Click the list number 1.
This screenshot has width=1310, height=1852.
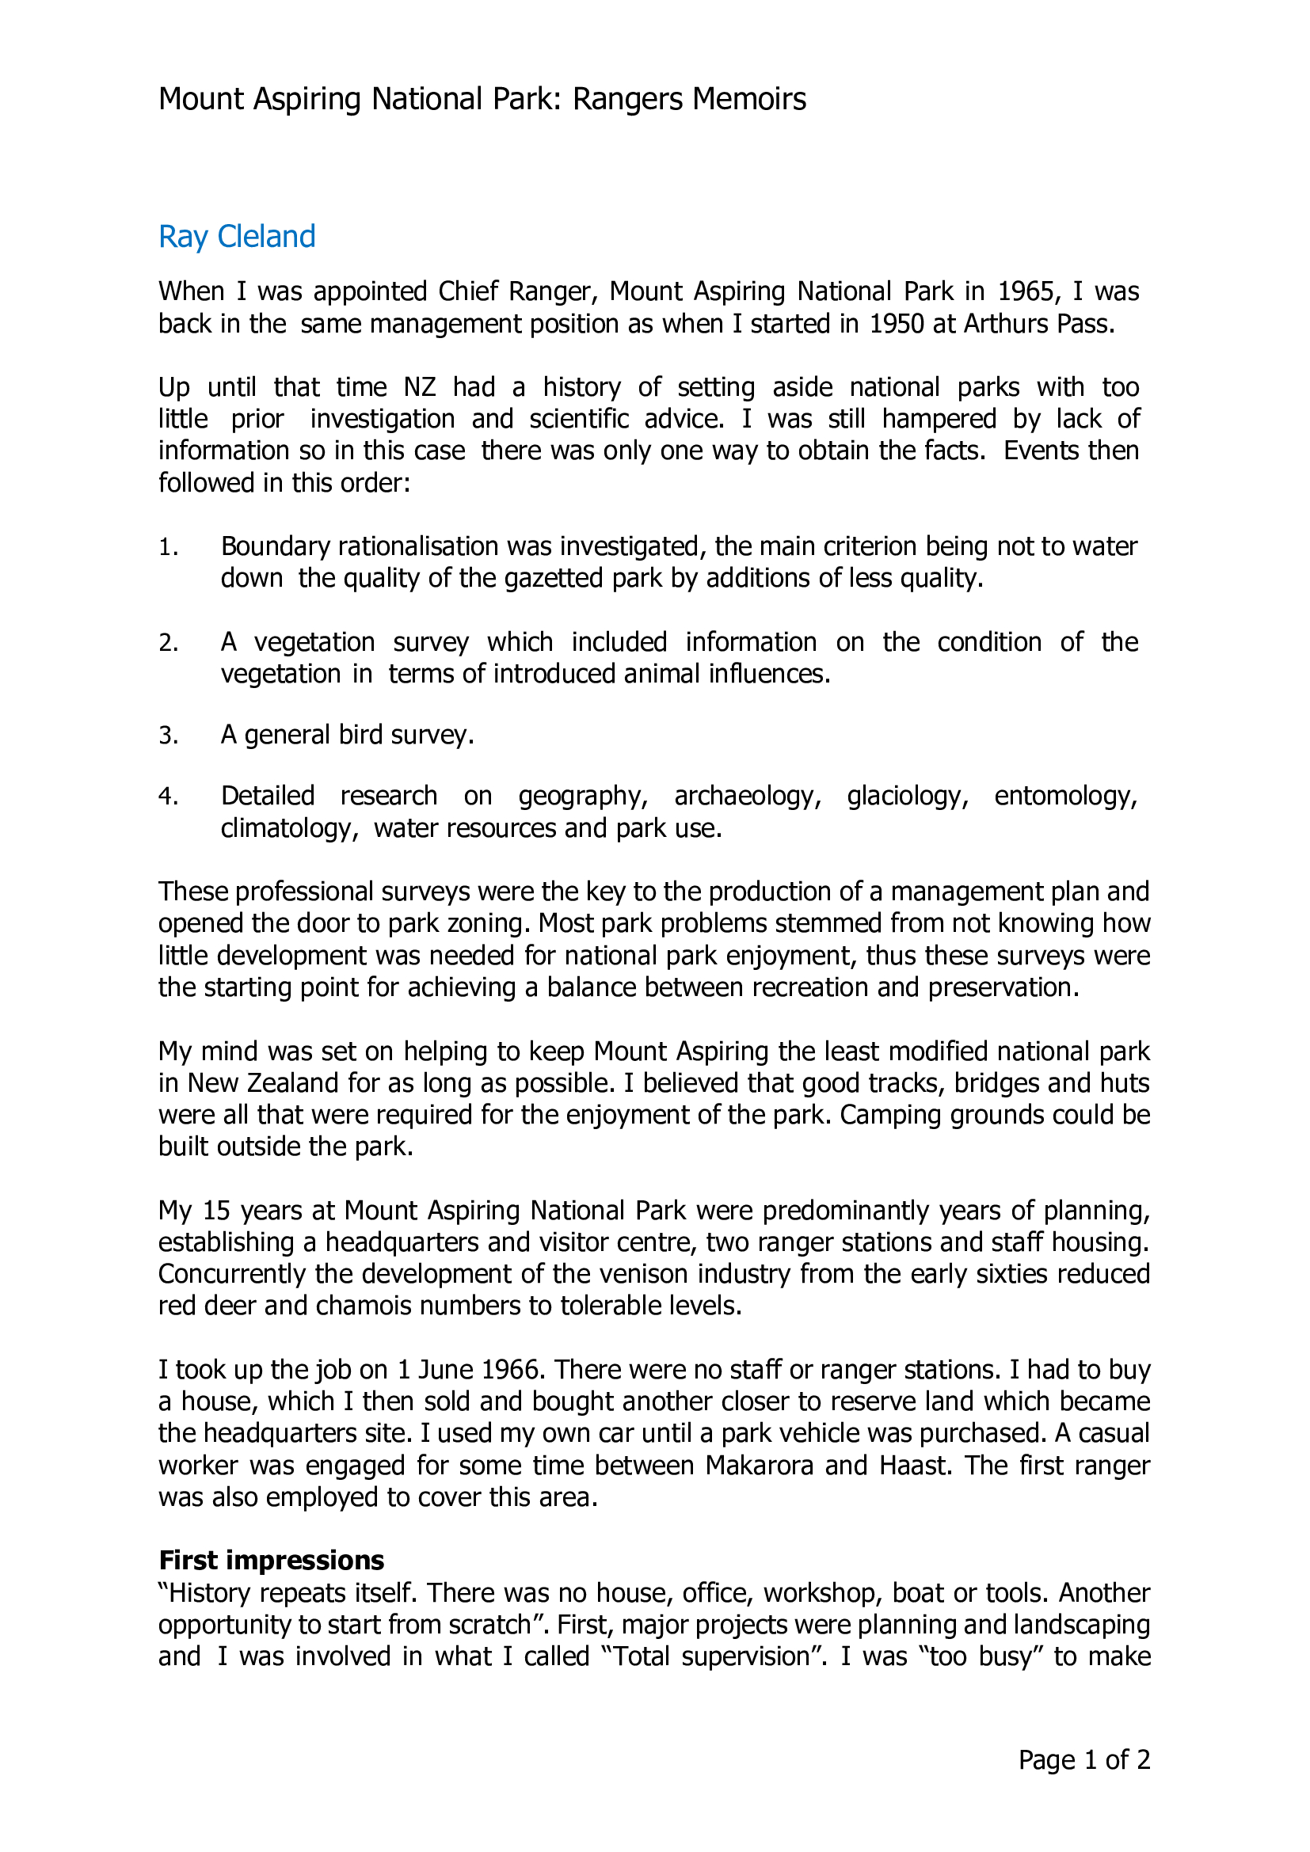point(167,548)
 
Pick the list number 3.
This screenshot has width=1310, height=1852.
point(167,736)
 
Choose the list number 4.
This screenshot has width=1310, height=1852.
point(167,797)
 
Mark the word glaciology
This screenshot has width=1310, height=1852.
point(907,796)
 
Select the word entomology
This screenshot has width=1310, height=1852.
point(1064,796)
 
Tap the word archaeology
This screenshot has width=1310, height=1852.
point(747,796)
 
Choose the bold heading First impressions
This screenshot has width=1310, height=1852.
point(271,1560)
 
